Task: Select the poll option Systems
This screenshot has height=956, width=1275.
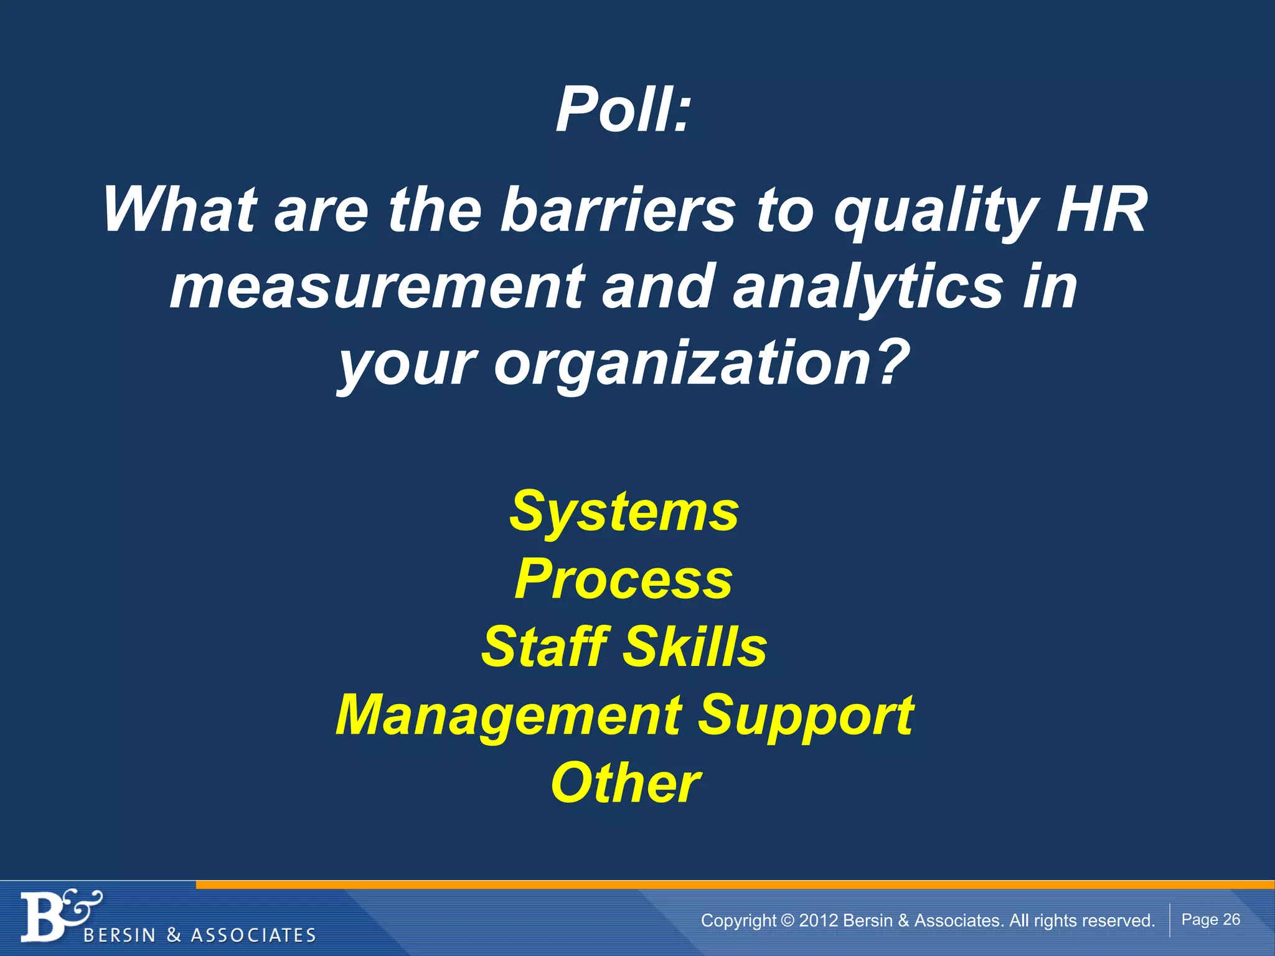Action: click(x=624, y=512)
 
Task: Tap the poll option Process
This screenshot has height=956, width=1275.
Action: click(x=624, y=579)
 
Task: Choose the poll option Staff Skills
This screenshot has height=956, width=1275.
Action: click(x=624, y=647)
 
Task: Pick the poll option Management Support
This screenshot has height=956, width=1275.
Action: click(x=624, y=716)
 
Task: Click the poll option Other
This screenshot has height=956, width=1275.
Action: click(x=625, y=783)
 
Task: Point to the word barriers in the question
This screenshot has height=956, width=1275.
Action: click(x=618, y=210)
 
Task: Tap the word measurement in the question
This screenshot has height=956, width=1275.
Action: click(x=377, y=286)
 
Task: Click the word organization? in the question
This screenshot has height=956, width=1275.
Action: click(x=702, y=363)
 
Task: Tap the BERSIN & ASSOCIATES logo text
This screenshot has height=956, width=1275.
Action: click(x=199, y=935)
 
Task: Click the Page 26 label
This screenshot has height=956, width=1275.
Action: click(x=1210, y=919)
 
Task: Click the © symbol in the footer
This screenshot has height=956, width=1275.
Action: click(x=788, y=921)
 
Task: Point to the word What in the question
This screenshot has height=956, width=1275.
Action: click(x=180, y=210)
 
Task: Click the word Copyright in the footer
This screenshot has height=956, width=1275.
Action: click(x=738, y=921)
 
